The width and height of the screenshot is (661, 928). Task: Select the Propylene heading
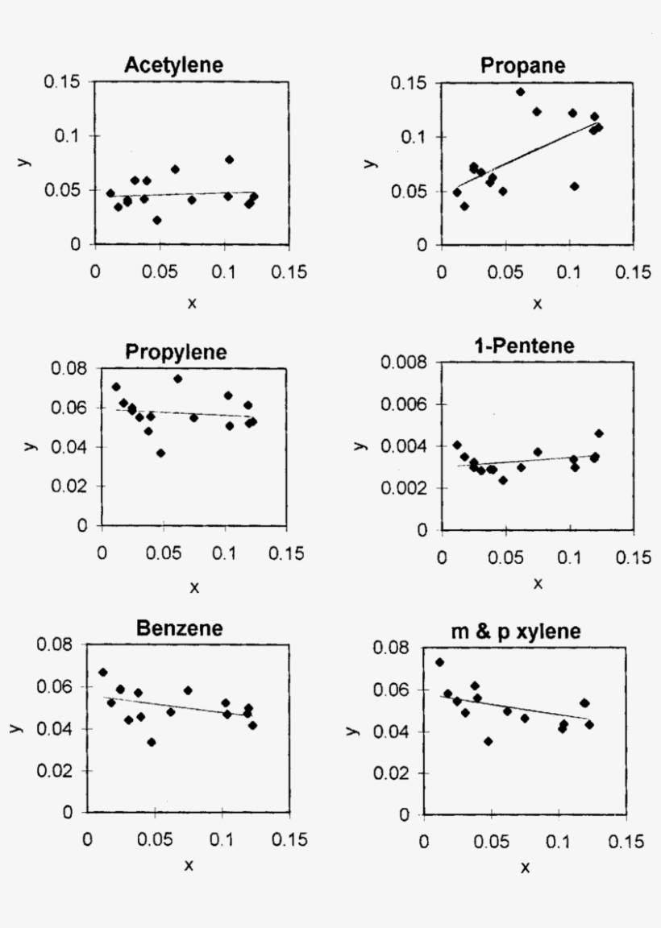[176, 352]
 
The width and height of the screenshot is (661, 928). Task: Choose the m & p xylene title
[526, 632]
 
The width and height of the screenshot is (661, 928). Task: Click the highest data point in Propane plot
[520, 92]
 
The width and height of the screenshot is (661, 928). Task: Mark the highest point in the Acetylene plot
[229, 159]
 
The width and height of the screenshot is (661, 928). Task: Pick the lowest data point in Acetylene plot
[157, 220]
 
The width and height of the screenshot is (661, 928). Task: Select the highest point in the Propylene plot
[178, 379]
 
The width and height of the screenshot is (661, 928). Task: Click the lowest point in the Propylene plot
[161, 453]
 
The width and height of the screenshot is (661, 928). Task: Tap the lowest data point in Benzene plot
[152, 742]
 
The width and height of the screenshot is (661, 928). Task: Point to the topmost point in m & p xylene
[439, 662]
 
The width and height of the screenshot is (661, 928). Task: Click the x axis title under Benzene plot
[189, 865]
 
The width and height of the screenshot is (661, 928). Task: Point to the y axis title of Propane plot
[370, 164]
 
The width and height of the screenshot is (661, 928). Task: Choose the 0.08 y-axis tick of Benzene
[56, 645]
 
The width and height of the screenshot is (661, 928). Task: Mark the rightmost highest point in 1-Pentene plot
[599, 433]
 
